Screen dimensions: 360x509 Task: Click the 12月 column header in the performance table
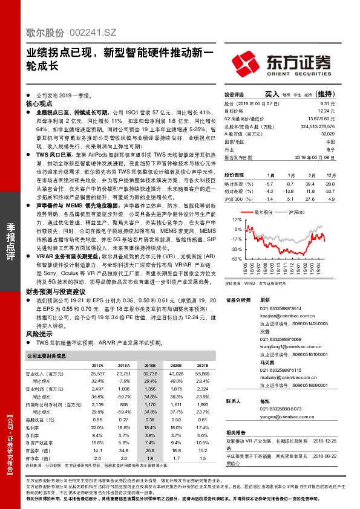(330, 174)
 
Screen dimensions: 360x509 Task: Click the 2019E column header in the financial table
(151, 366)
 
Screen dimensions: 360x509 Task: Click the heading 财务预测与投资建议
(57, 291)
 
